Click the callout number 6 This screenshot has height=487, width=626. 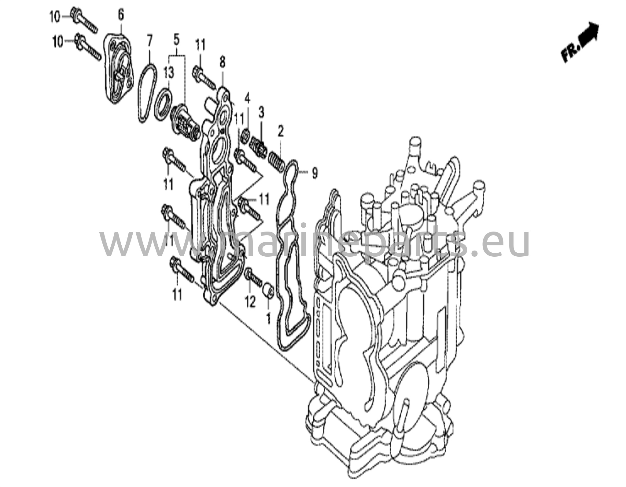121,15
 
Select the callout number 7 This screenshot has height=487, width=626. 149,41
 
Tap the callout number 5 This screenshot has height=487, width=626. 176,40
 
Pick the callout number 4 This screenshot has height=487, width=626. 247,99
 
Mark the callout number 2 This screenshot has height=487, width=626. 281,132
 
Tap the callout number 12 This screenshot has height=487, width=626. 250,303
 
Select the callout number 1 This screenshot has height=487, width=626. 268,319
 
